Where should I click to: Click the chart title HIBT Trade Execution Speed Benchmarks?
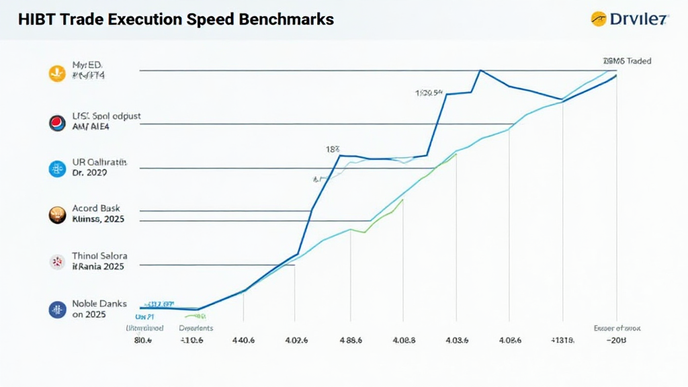click(x=176, y=19)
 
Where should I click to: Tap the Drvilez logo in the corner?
click(x=628, y=19)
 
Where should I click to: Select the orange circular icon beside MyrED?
click(x=57, y=73)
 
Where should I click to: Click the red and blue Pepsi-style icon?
click(x=57, y=122)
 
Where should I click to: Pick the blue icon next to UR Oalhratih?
click(x=57, y=169)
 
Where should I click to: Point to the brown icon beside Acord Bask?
click(x=57, y=214)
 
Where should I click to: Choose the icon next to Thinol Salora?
click(x=57, y=262)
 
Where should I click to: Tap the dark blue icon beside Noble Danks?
click(x=57, y=309)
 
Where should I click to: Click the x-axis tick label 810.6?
click(x=144, y=341)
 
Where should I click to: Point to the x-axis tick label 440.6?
click(x=243, y=341)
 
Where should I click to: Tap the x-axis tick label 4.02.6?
click(x=296, y=341)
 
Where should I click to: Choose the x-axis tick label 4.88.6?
click(x=350, y=341)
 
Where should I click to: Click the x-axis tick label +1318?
click(x=563, y=341)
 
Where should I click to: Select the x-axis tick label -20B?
click(x=616, y=341)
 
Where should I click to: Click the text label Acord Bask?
click(x=95, y=208)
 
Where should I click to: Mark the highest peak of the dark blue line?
click(x=480, y=70)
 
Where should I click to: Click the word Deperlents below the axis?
click(x=196, y=329)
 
